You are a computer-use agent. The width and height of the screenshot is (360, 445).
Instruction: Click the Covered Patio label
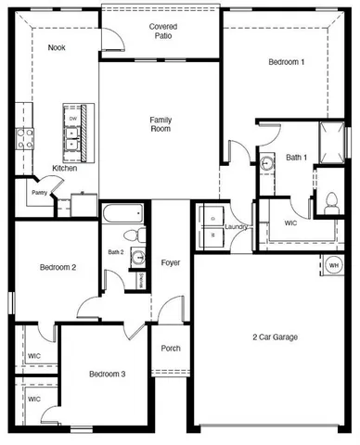[x=163, y=32]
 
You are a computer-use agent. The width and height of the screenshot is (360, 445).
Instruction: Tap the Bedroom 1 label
[x=286, y=62]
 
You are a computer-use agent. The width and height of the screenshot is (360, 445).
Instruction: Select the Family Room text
[x=161, y=125]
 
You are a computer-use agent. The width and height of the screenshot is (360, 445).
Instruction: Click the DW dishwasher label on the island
[x=71, y=118]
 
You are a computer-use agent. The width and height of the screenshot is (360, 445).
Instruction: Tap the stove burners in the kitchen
[x=25, y=139]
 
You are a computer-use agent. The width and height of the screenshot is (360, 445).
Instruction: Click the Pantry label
[x=39, y=193]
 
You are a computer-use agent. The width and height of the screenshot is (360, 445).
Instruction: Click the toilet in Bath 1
[x=331, y=202]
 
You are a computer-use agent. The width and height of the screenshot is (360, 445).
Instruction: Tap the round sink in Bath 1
[x=267, y=163]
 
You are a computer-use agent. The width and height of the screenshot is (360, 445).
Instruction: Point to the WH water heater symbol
[x=333, y=266]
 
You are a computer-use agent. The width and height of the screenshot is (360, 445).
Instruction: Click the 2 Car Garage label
[x=275, y=337]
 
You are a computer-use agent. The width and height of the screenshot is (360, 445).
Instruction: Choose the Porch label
[x=171, y=349]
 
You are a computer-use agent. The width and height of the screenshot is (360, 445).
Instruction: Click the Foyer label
[x=171, y=262]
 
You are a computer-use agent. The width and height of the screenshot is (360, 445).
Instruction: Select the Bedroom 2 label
[x=58, y=267]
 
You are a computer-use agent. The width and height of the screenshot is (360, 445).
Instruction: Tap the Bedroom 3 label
[x=107, y=374]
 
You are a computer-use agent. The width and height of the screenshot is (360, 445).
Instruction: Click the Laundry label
[x=235, y=225]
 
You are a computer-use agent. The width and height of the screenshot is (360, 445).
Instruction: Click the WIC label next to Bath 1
[x=289, y=222]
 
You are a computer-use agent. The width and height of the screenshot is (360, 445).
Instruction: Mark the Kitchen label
[x=65, y=168]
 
